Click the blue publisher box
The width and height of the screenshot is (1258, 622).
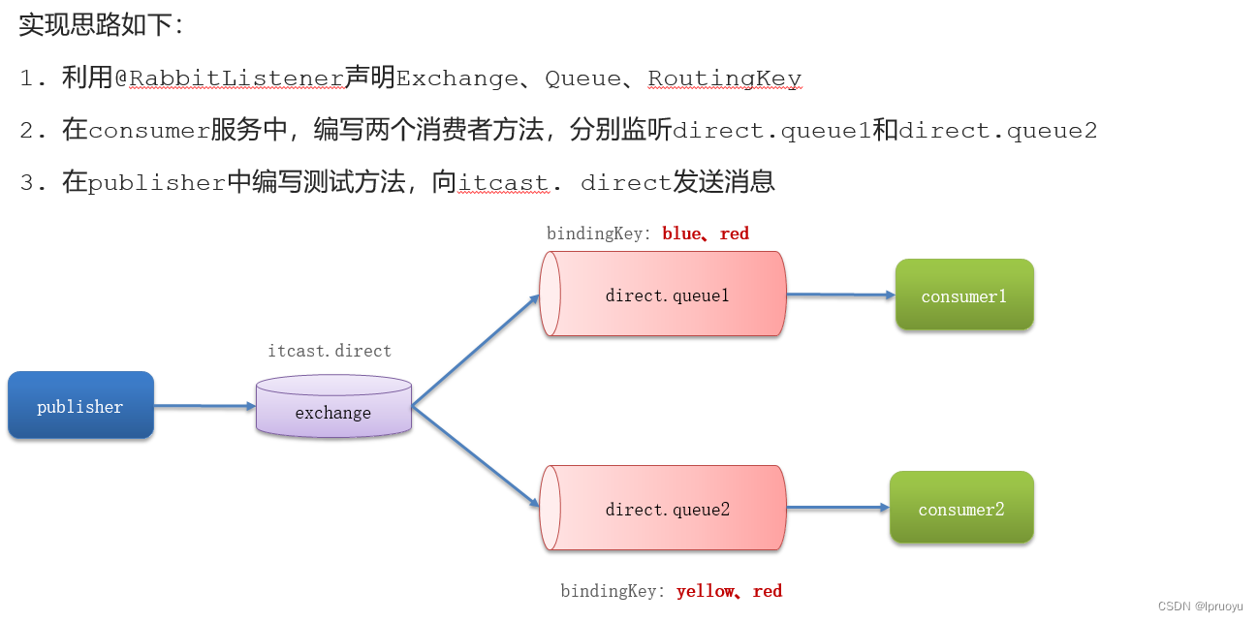point(80,405)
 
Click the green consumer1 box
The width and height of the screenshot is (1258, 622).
point(963,295)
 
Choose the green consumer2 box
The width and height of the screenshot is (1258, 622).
point(960,508)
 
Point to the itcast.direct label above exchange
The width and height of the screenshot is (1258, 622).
point(330,351)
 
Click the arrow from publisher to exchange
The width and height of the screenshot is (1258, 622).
point(204,406)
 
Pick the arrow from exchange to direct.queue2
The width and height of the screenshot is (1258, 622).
point(475,455)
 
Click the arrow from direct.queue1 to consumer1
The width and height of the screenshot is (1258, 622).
point(839,295)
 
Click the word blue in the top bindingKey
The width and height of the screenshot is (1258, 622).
point(683,233)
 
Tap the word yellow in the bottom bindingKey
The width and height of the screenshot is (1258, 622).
point(705,591)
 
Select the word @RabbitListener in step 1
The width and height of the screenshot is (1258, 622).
point(230,78)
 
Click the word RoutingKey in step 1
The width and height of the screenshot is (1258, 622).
point(724,78)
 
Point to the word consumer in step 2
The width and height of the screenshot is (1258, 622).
point(149,131)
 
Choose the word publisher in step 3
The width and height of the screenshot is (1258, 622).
point(157,182)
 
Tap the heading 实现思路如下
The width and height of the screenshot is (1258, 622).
point(101,25)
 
